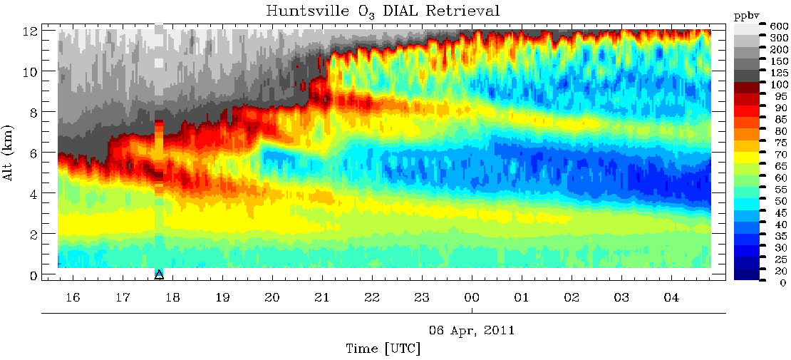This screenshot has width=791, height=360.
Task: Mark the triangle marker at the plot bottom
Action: [x=160, y=274]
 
